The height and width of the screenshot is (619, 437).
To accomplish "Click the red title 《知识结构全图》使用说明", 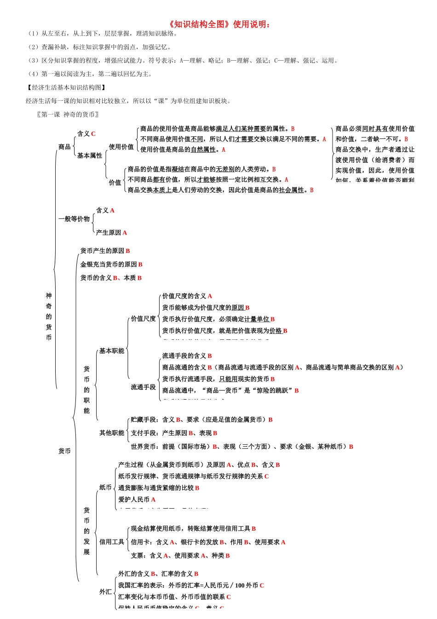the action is [x=219, y=24].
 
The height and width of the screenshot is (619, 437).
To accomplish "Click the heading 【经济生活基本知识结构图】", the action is [x=66, y=87].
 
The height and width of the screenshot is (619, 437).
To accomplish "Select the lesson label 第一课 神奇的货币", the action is [x=68, y=115].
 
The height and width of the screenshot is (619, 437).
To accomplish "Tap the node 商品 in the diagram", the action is [x=64, y=147].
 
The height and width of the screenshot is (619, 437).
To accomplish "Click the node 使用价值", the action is [x=121, y=147].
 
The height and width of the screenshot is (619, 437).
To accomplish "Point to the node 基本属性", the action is [x=90, y=156].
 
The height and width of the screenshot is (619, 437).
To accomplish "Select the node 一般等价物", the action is [x=74, y=219].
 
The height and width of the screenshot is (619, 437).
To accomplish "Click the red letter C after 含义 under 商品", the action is [x=93, y=134].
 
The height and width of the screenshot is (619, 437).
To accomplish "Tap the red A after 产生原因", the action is [x=125, y=233].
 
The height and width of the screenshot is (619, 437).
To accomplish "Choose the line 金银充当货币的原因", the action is [x=109, y=264].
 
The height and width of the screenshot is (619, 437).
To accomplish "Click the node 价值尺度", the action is [x=143, y=319].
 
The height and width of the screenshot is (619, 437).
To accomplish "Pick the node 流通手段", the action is [x=143, y=387].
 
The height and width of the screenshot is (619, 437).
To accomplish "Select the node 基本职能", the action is [x=112, y=351].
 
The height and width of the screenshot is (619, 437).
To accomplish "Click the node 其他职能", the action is [x=112, y=433].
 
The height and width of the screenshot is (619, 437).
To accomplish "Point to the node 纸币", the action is [x=105, y=487].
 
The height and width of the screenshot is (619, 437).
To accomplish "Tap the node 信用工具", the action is [x=112, y=542].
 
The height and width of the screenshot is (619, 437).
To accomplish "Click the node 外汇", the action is [x=105, y=592].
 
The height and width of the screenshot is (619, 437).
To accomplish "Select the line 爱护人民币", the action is [x=134, y=499].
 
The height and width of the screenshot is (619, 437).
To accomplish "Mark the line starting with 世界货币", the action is [x=241, y=447].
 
